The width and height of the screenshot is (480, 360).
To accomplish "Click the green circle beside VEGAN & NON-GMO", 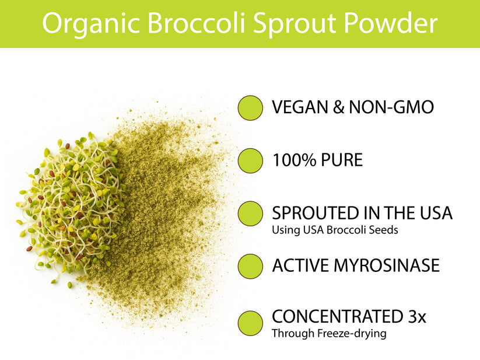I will (x=251, y=107).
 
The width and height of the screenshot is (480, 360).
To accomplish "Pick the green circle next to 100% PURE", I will (x=251, y=160).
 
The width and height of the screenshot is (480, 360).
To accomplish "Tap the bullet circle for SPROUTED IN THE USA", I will (x=251, y=213).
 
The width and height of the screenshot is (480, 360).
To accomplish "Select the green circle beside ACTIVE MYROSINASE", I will (x=251, y=266).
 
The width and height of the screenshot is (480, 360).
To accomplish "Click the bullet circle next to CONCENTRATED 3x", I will (x=251, y=322).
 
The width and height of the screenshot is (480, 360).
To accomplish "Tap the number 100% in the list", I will (x=294, y=160).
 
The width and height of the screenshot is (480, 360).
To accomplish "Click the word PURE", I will (x=342, y=160).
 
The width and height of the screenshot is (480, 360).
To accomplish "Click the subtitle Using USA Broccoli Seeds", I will (x=335, y=230).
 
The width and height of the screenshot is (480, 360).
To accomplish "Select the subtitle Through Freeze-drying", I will (x=329, y=334).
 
